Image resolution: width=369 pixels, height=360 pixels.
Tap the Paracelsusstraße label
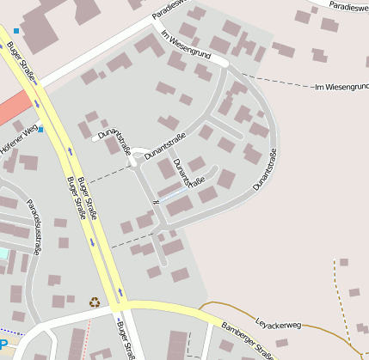click(33, 227)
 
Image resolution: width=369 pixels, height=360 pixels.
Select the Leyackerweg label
click(279, 325)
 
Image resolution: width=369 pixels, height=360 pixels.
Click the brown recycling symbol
click(94, 302)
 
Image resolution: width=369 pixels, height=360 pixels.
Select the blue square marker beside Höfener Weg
click(40, 129)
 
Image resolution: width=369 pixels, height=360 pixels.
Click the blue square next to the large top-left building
click(15, 31)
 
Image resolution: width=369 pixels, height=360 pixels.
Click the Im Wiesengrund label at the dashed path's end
click(341, 88)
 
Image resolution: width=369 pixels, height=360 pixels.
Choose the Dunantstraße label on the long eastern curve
click(264, 169)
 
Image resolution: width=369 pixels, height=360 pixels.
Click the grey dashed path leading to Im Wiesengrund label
click(275, 82)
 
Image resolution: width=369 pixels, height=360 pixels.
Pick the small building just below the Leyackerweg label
click(281, 343)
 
